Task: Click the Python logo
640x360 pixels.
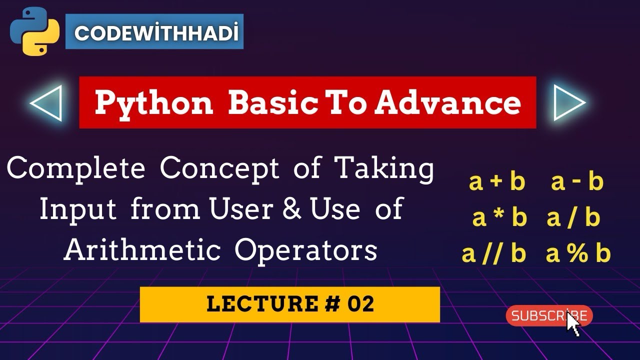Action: [34, 31]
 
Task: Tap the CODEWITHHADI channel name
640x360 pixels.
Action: [154, 33]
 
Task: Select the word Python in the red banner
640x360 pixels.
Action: [154, 102]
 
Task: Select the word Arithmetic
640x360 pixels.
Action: [142, 250]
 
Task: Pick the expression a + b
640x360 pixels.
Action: [497, 182]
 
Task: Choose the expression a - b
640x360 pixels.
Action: [577, 182]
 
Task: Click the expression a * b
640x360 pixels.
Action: [499, 218]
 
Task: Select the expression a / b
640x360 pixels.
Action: [573, 218]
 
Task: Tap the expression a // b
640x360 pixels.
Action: [494, 254]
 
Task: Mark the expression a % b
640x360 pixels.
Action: [578, 254]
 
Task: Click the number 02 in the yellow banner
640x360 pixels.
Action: [361, 304]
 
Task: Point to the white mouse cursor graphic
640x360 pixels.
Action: [573, 324]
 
